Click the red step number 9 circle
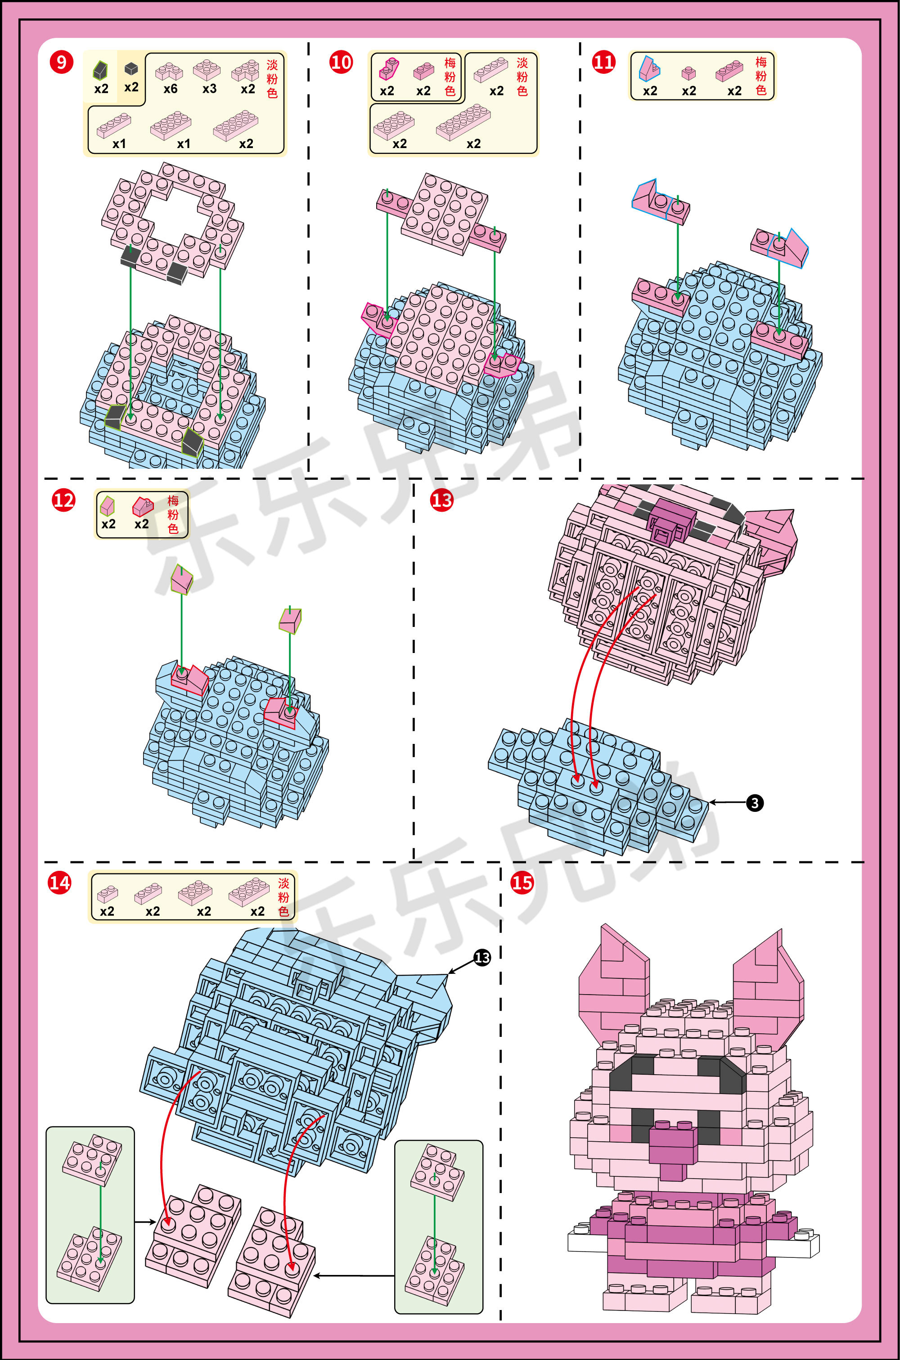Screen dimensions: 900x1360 [61, 62]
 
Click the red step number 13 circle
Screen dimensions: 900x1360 [441, 500]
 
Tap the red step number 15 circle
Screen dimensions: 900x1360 [522, 882]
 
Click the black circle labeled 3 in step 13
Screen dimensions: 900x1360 [755, 803]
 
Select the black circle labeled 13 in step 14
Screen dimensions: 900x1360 [482, 957]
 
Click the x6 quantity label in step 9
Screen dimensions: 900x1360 [171, 89]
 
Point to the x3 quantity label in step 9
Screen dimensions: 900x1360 [210, 89]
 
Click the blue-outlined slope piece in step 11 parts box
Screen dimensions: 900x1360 [650, 68]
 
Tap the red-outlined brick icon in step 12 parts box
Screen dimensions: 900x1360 [143, 506]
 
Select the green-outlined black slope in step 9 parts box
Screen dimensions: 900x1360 [100, 70]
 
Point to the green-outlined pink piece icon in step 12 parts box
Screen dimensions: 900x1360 [107, 505]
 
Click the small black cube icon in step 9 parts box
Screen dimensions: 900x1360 [131, 69]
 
